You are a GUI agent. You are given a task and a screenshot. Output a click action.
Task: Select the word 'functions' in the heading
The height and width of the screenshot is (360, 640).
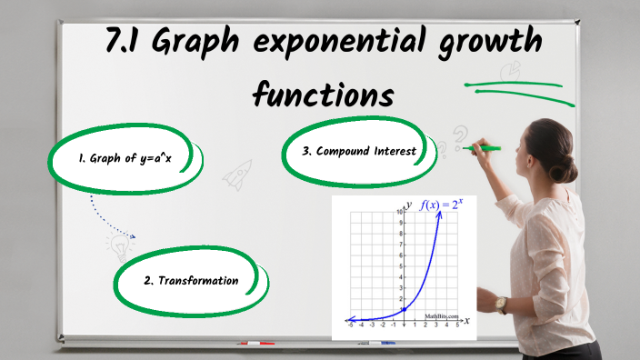click(x=324, y=93)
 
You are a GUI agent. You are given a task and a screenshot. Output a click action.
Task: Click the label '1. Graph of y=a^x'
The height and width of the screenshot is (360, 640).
click(x=125, y=157)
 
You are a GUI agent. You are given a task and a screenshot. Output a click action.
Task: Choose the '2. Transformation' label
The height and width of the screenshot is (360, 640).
click(x=191, y=281)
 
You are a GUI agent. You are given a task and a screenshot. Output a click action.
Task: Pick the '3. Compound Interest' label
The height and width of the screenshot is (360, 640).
click(x=359, y=151)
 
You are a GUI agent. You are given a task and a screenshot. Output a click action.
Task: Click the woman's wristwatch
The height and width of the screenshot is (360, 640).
click(x=501, y=304)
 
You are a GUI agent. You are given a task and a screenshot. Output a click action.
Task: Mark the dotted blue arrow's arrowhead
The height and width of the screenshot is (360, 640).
click(x=133, y=238)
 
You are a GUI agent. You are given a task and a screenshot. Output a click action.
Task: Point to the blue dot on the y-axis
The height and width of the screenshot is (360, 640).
click(x=403, y=311)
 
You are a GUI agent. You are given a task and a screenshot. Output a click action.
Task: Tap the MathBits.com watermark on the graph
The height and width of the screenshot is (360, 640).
click(x=442, y=315)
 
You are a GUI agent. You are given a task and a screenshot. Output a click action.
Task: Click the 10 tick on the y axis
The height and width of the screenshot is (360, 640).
click(x=399, y=211)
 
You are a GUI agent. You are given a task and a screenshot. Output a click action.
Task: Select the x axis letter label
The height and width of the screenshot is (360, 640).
click(x=466, y=321)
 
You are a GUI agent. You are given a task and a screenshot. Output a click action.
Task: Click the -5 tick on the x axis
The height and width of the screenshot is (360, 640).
click(x=351, y=324)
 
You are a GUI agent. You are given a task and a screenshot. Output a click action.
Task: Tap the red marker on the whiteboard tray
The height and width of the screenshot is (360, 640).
click(x=255, y=343)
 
